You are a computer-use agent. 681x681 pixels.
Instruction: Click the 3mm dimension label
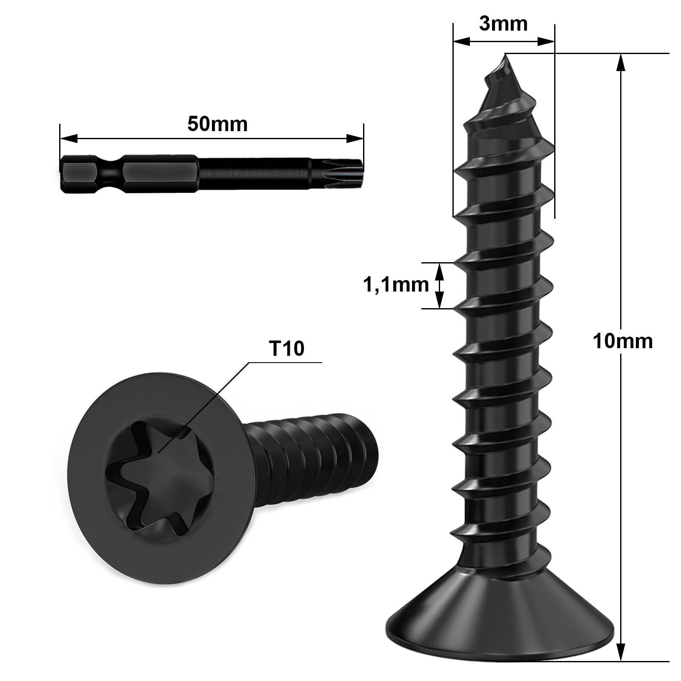tap(503, 24)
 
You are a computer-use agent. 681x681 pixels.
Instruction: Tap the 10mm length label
tap(622, 341)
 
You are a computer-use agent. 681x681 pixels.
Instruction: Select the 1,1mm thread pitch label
tap(395, 285)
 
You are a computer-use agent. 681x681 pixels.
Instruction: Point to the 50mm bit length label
tap(217, 124)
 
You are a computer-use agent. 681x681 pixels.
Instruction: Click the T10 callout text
tap(286, 349)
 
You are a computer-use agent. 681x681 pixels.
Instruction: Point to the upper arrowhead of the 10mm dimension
tap(622, 62)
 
